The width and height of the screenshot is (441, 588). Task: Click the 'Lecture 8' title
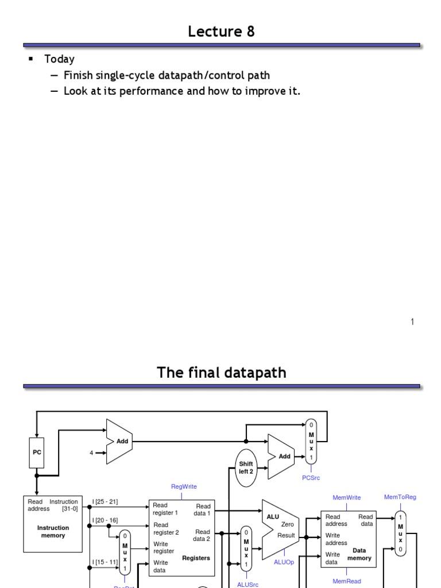pyautogui.click(x=221, y=32)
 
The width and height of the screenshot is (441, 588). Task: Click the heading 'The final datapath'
pyautogui.click(x=221, y=373)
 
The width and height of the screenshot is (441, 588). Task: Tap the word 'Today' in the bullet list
pyautogui.click(x=60, y=59)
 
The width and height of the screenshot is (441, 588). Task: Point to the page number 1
pyautogui.click(x=412, y=322)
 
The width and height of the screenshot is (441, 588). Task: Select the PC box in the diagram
pyautogui.click(x=36, y=452)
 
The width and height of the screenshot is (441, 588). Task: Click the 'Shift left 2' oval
pyautogui.click(x=246, y=467)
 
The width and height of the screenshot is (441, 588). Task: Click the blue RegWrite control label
pyautogui.click(x=184, y=486)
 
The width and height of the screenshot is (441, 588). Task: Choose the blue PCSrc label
pyautogui.click(x=311, y=478)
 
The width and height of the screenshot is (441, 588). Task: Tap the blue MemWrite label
pyautogui.click(x=347, y=497)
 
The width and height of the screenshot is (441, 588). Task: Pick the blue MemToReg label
pyautogui.click(x=400, y=497)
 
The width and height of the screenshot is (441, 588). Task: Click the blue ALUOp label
pyautogui.click(x=284, y=562)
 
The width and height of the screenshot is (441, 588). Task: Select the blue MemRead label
pyautogui.click(x=347, y=581)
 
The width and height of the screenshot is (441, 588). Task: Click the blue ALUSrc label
pyautogui.click(x=247, y=585)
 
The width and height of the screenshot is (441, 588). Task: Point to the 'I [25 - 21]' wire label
pyautogui.click(x=105, y=502)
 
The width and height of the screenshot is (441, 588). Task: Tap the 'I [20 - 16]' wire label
pyautogui.click(x=105, y=520)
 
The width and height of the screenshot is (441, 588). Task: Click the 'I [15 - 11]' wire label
pyautogui.click(x=105, y=562)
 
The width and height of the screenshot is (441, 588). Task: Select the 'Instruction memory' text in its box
pyautogui.click(x=53, y=532)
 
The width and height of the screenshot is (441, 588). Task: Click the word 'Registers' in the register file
pyautogui.click(x=196, y=558)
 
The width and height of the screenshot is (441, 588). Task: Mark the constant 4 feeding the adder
pyautogui.click(x=91, y=453)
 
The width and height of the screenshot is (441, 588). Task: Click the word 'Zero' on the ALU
pyautogui.click(x=288, y=524)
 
